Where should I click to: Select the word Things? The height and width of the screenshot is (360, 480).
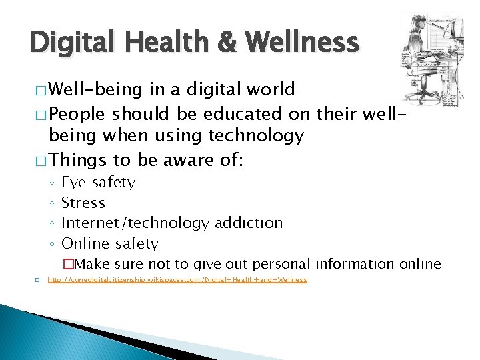(78, 160)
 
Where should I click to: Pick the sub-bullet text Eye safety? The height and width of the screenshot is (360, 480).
(98, 183)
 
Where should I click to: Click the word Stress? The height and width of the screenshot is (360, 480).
(83, 203)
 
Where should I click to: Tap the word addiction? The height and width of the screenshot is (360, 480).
(247, 223)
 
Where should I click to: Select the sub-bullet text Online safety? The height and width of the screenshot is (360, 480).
(109, 243)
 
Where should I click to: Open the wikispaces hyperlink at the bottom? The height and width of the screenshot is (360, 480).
(177, 280)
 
